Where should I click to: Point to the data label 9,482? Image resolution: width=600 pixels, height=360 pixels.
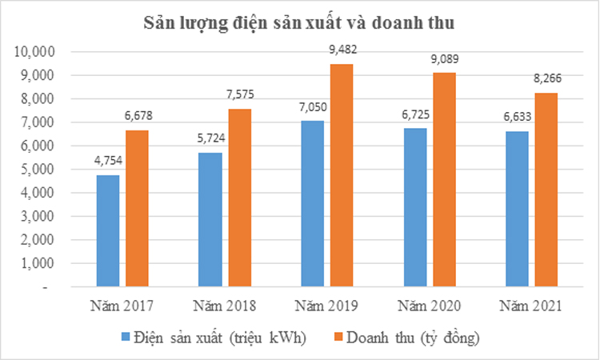click(x=342, y=50)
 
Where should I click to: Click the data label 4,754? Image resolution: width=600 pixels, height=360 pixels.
click(x=107, y=162)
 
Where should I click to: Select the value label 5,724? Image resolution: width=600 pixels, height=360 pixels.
click(x=210, y=139)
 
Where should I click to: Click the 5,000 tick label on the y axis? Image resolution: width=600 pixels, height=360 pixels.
click(x=37, y=170)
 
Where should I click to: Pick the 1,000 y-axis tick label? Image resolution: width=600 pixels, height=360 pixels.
click(x=37, y=263)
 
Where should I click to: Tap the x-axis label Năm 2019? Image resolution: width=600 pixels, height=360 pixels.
click(x=326, y=306)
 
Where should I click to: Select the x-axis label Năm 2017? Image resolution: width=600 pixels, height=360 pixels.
click(x=122, y=306)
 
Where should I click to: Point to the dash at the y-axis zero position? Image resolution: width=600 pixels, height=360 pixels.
click(x=45, y=286)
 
